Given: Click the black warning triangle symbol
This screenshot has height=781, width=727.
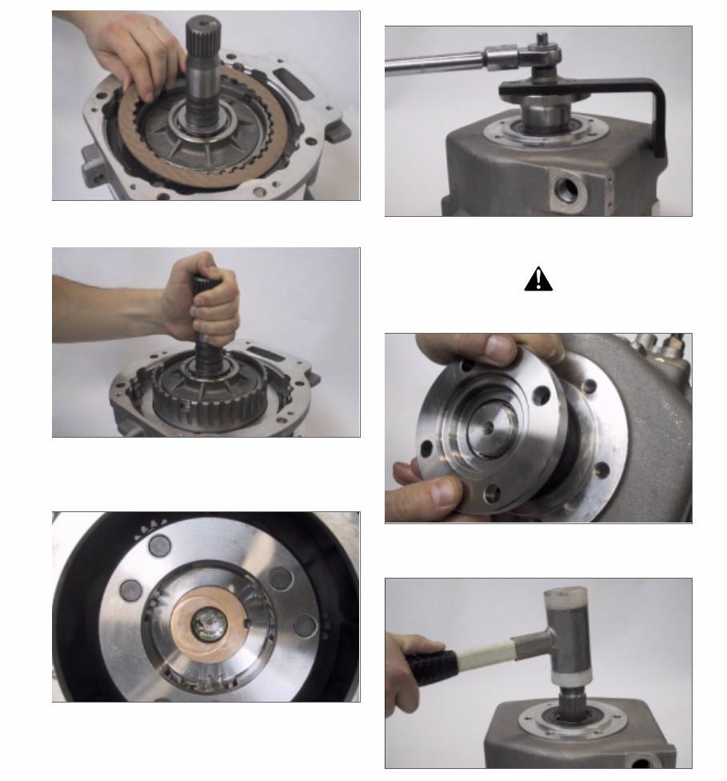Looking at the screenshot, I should pyautogui.click(x=538, y=278).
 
